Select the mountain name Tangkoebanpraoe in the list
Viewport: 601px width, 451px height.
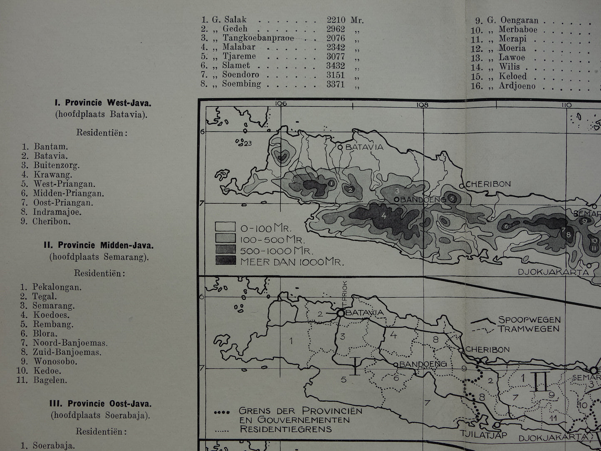coord(258,38)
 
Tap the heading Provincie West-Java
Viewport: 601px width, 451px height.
coord(102,103)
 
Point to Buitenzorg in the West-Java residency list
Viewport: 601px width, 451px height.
coord(57,165)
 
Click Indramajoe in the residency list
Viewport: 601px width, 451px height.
coord(57,212)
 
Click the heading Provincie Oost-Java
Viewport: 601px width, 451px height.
coord(102,404)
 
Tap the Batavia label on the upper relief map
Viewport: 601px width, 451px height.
coord(364,147)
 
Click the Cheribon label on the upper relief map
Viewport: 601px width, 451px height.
coord(488,184)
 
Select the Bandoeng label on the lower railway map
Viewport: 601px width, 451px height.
coord(423,364)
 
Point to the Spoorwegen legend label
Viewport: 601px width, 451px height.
coord(529,320)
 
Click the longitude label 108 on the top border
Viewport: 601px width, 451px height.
coord(423,105)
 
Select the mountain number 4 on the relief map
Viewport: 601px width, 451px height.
coord(383,216)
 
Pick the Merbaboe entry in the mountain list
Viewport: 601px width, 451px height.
coord(518,30)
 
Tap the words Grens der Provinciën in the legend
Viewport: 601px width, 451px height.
coord(300,411)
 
